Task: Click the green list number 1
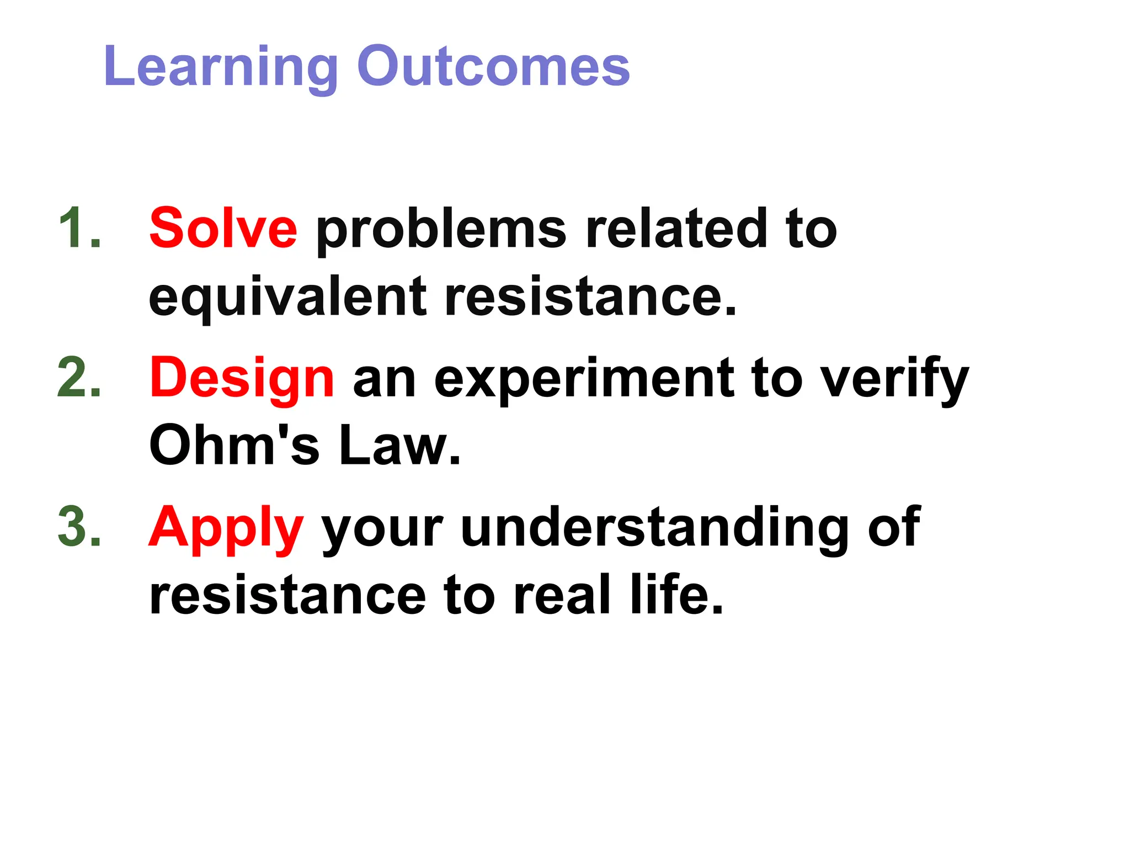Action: (79, 228)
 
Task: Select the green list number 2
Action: (79, 378)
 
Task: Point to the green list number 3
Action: (79, 527)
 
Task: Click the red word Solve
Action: (223, 228)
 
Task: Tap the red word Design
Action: (242, 379)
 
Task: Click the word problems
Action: (441, 229)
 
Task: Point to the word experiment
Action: (584, 379)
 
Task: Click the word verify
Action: (894, 379)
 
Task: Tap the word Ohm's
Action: (234, 445)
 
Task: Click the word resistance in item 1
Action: (590, 297)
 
